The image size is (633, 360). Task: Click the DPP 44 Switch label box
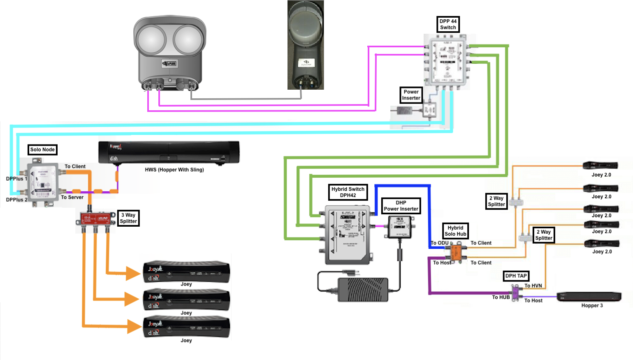pos(448,24)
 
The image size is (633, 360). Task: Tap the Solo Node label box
pos(42,150)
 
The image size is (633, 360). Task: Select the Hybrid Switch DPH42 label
pos(348,192)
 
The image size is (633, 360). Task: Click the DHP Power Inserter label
pos(401,206)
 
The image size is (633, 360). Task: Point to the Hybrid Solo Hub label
pos(455,231)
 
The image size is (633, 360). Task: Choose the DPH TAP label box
pos(516,276)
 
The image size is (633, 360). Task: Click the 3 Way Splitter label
pos(128,218)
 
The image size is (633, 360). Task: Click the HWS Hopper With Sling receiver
pos(169,153)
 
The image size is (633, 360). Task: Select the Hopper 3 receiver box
pos(589,297)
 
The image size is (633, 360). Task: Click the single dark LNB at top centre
pos(306,45)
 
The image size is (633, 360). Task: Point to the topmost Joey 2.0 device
pos(601,165)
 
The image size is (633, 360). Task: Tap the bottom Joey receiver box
pos(186,327)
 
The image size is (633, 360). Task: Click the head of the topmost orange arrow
pos(133,273)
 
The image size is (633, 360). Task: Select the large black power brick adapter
pos(362,289)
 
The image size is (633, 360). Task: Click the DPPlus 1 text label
pos(16,179)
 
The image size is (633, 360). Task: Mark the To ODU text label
pos(439,243)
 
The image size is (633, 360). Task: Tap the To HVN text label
pos(533,286)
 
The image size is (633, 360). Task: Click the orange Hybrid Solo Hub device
pos(456,251)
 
